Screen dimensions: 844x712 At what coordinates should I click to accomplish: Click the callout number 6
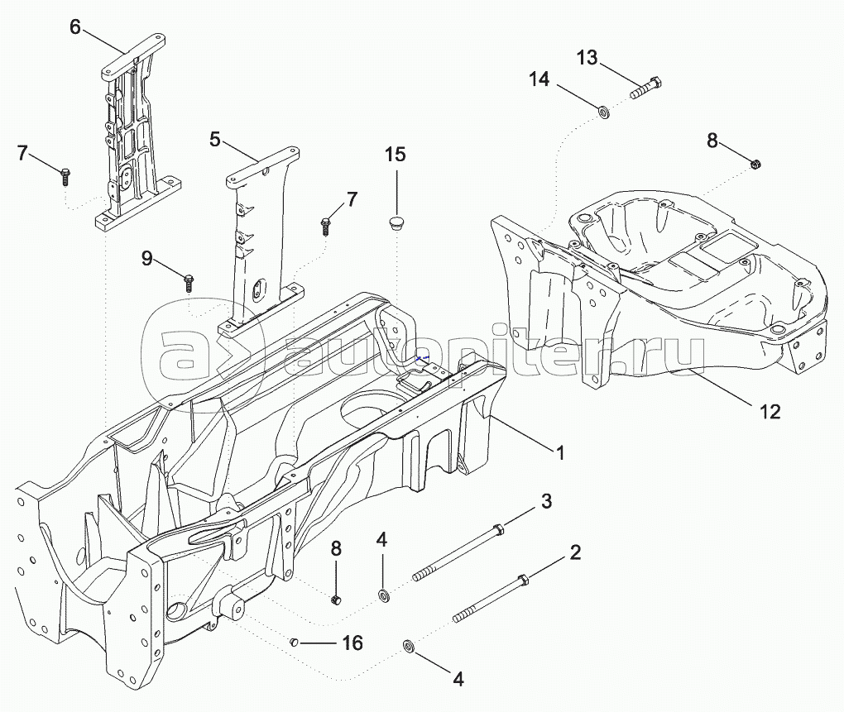click(x=75, y=26)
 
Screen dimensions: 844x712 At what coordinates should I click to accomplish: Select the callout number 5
click(x=215, y=140)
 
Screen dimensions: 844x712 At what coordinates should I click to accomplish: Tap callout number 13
click(x=587, y=57)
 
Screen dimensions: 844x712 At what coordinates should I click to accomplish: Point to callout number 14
click(x=539, y=79)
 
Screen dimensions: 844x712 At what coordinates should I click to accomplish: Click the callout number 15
click(x=395, y=155)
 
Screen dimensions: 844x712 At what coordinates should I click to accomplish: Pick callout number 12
click(x=770, y=411)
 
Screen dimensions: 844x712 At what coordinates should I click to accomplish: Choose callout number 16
click(x=352, y=643)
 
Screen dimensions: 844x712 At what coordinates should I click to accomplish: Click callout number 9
click(x=147, y=259)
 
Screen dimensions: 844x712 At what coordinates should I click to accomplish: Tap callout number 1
click(x=560, y=453)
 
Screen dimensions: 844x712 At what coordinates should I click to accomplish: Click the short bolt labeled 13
click(x=645, y=88)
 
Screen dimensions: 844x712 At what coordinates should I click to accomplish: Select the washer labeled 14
click(x=605, y=112)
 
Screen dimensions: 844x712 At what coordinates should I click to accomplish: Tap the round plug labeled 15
click(x=398, y=222)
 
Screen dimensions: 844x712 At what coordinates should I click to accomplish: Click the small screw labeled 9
click(x=189, y=282)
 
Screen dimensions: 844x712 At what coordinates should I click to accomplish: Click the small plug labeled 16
click(x=294, y=642)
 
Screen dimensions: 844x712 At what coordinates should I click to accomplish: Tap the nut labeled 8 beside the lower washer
click(x=337, y=600)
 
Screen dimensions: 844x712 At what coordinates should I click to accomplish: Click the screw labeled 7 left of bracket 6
click(x=65, y=176)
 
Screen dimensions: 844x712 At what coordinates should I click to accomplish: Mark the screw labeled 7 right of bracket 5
click(x=326, y=226)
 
